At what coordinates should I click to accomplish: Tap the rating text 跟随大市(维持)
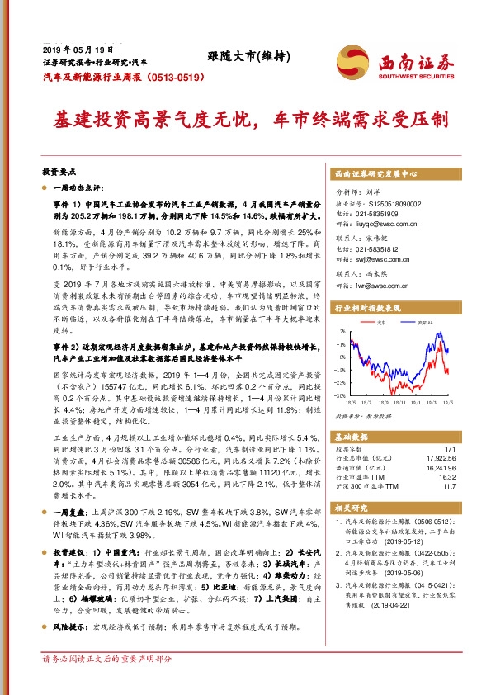point(245,56)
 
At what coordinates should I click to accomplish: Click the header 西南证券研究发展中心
point(375,175)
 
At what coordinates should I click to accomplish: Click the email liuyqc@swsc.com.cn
point(389,223)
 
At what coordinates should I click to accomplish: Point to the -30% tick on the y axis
point(338,394)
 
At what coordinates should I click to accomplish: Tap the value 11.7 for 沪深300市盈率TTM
point(446,488)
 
